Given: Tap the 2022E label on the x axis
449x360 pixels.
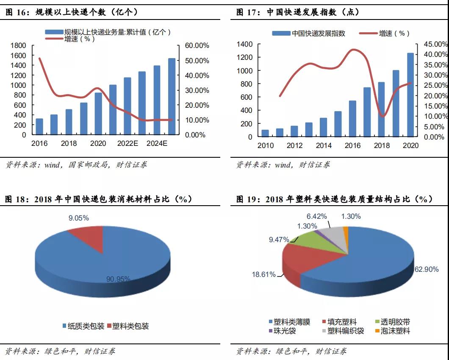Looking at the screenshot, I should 127,143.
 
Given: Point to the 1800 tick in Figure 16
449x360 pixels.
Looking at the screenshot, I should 18,46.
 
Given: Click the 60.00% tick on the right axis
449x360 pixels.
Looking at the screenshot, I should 197,46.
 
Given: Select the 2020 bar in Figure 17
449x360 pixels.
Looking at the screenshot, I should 410,95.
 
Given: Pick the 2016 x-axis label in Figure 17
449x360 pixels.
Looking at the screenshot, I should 352,146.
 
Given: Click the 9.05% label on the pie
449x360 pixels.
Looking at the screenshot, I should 79,218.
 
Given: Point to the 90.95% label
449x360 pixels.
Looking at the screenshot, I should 118,279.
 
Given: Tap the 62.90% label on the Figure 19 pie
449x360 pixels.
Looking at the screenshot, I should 427,269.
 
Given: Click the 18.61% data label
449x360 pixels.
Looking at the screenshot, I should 263,275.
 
